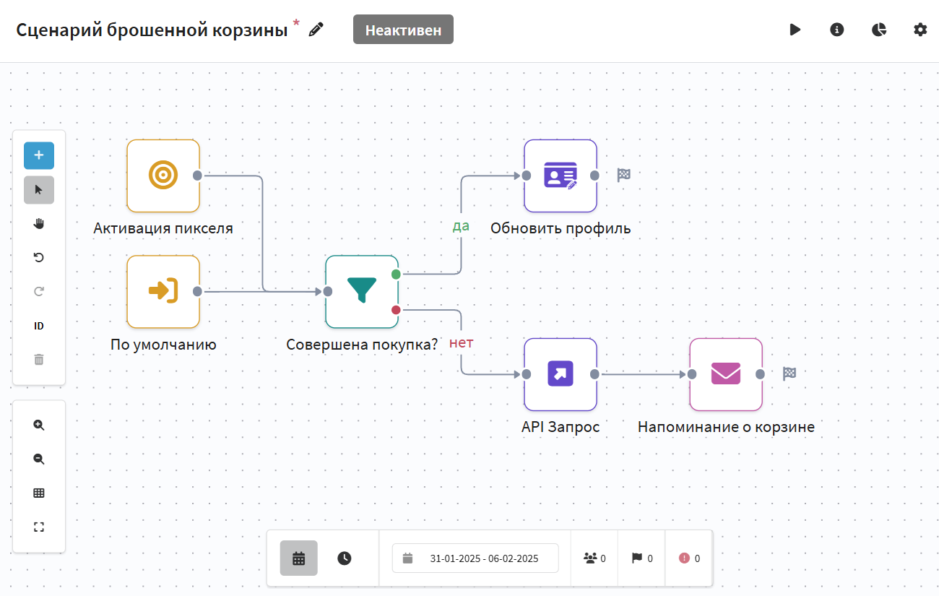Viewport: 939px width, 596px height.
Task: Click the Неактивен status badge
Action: [x=403, y=30]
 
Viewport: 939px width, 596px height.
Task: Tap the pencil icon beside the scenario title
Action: [x=316, y=30]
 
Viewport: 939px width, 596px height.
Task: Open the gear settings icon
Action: [x=920, y=30]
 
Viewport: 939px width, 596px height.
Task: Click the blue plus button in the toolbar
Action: [x=39, y=155]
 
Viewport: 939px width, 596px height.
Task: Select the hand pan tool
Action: [x=39, y=223]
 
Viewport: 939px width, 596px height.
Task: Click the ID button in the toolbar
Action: [x=39, y=326]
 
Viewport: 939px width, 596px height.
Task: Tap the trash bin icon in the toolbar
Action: [x=39, y=359]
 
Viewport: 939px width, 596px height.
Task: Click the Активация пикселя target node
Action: [x=163, y=176]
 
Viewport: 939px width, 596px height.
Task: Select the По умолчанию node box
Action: [x=163, y=292]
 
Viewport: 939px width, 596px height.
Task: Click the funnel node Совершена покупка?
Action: [x=362, y=292]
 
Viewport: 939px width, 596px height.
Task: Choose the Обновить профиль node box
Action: [x=561, y=176]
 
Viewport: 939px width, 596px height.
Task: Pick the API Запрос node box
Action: [x=561, y=374]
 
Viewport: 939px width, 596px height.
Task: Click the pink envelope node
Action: [x=726, y=374]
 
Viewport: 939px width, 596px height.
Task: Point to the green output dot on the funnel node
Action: [x=396, y=275]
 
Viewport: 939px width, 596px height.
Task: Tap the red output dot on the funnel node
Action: [x=396, y=310]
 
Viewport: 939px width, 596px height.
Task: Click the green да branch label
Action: [x=461, y=226]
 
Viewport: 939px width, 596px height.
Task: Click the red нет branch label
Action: [x=461, y=343]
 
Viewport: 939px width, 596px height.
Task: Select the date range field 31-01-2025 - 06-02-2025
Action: [x=475, y=558]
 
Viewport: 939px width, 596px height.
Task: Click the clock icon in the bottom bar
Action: [x=345, y=558]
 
